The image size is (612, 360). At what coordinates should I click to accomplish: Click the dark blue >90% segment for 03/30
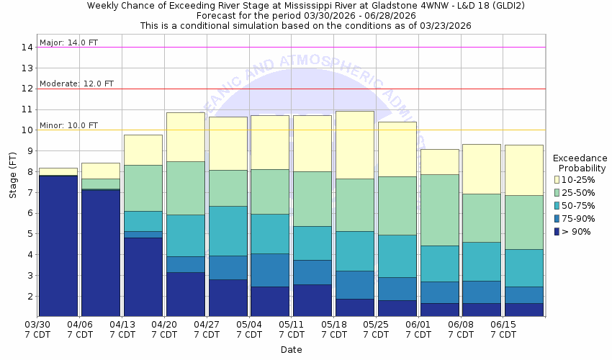pos(58,245)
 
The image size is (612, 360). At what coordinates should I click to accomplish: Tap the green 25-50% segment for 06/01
pos(439,210)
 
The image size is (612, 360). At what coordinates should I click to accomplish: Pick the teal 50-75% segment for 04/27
pos(228,230)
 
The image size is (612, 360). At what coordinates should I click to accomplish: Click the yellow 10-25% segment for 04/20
pos(185,137)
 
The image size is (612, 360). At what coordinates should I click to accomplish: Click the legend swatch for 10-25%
pos(557,179)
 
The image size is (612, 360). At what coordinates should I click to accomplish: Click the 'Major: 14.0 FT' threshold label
pos(69,42)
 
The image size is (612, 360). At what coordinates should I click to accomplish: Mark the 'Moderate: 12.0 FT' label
pos(76,84)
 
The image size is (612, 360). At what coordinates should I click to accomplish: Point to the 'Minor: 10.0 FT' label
pos(69,125)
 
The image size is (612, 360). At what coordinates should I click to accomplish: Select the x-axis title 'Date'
pos(292,350)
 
